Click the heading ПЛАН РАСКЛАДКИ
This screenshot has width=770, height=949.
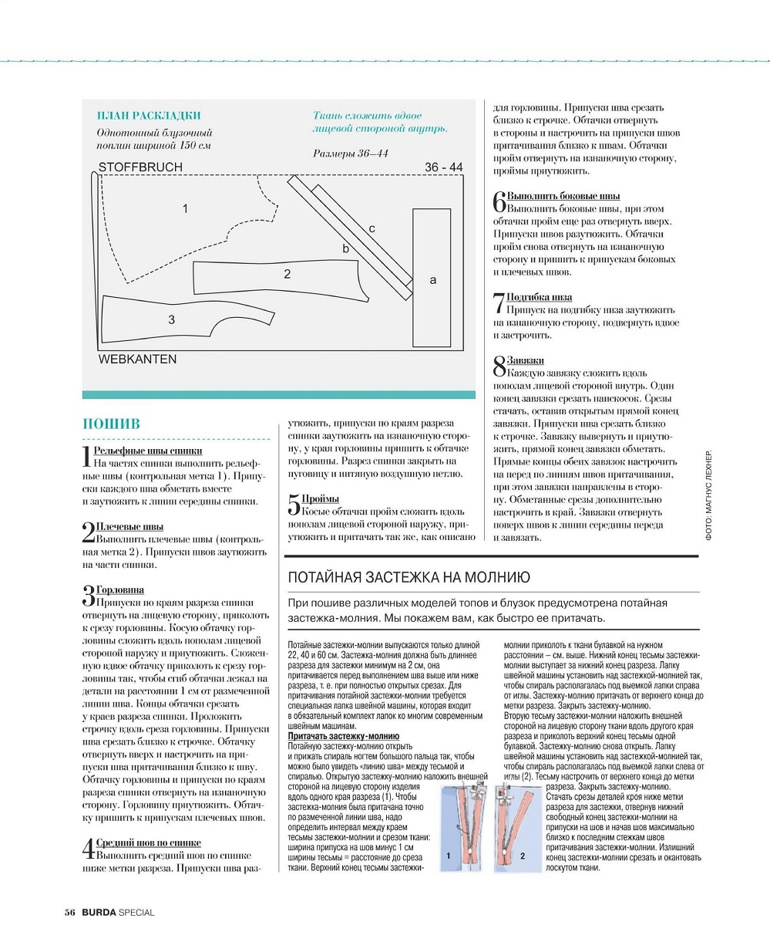coord(149,116)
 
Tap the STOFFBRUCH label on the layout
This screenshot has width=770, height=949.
coord(140,167)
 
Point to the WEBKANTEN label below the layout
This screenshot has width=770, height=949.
coord(137,360)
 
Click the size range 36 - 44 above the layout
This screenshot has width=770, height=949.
coord(443,167)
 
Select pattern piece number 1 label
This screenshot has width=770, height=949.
coord(185,208)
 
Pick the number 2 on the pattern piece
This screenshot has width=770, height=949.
coord(287,274)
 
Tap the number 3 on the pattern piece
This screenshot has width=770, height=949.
coord(171,319)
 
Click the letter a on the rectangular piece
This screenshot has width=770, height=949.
coord(432,280)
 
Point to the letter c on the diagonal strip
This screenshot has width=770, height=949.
coord(372,228)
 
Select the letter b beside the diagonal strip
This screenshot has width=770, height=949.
coord(346,248)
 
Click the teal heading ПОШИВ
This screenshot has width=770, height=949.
coord(111,424)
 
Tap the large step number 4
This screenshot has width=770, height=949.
coord(89,849)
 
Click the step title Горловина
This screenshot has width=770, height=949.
coord(119,590)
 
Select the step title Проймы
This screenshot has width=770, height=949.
coord(320,499)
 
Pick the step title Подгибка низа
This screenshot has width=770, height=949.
coord(539,297)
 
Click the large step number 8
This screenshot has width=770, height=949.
coord(499,366)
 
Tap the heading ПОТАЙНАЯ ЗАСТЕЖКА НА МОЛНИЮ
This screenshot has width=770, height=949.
coord(408,577)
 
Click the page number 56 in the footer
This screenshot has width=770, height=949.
coord(69,913)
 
